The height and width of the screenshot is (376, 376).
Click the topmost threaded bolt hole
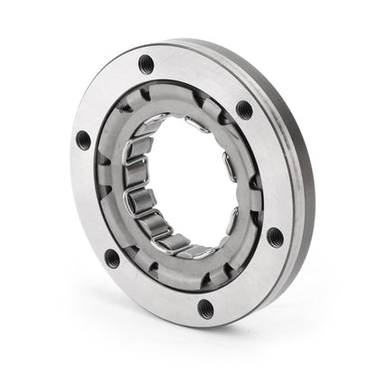tap(146, 63)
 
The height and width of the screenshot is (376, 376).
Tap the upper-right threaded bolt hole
tap(244, 110)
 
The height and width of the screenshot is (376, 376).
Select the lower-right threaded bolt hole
tap(275, 237)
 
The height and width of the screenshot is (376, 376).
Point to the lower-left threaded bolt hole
tap(111, 257)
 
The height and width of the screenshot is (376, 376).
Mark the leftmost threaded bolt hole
tap(84, 139)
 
